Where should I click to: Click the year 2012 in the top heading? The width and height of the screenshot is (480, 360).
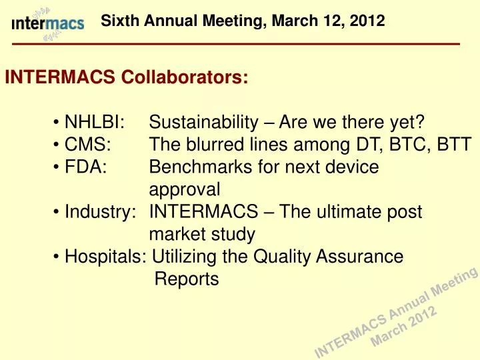coord(369,21)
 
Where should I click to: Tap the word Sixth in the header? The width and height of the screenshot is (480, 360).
coord(117,21)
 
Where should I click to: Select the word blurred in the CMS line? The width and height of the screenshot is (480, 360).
coord(215,145)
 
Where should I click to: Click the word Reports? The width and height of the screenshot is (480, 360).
coord(187,279)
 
